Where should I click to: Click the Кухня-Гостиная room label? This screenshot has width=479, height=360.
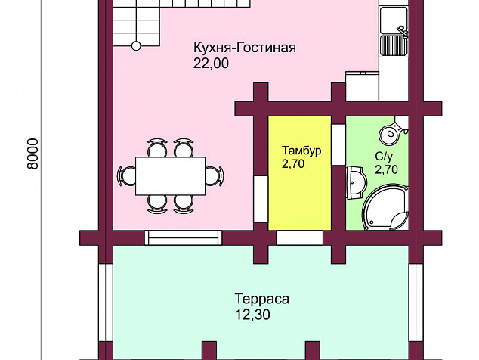coord(244,48)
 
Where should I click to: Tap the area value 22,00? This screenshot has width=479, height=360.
coord(211,64)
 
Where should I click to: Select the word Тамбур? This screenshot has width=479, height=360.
coord(301,151)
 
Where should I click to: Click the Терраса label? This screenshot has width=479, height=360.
coord(262,299)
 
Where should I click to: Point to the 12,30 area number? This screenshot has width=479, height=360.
coord(252,315)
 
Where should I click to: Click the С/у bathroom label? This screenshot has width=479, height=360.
coord(384,157)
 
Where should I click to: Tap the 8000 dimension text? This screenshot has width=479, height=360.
coord(32,154)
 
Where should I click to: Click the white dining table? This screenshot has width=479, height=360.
coord(171,176)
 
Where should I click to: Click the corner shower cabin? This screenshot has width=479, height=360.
coord(385,207)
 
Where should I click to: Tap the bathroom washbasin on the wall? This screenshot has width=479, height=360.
coord(356,183)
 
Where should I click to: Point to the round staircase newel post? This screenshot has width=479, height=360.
coord(136,46)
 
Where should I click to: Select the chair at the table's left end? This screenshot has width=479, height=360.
coord(126,176)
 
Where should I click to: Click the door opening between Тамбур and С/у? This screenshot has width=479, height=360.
coord(338,144)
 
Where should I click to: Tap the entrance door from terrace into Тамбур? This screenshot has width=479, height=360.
coord(300,238)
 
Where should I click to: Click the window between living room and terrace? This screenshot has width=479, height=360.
coord(184,238)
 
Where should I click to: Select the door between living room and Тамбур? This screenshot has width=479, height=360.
coord(261,199)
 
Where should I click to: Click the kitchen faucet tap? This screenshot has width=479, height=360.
coord(403,32)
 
